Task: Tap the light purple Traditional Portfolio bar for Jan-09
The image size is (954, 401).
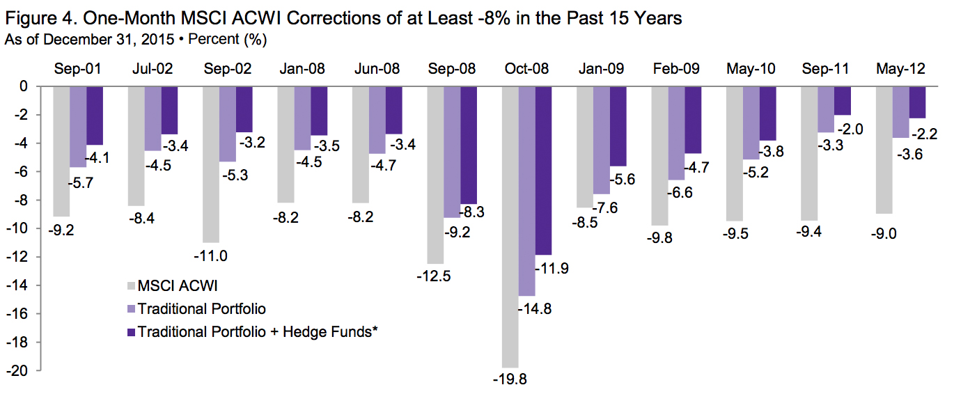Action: click(602, 140)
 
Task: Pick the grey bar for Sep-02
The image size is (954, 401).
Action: click(211, 164)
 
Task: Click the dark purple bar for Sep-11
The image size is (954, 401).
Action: click(843, 101)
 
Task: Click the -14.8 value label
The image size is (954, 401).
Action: click(535, 309)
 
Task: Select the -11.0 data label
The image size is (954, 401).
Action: click(211, 255)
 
